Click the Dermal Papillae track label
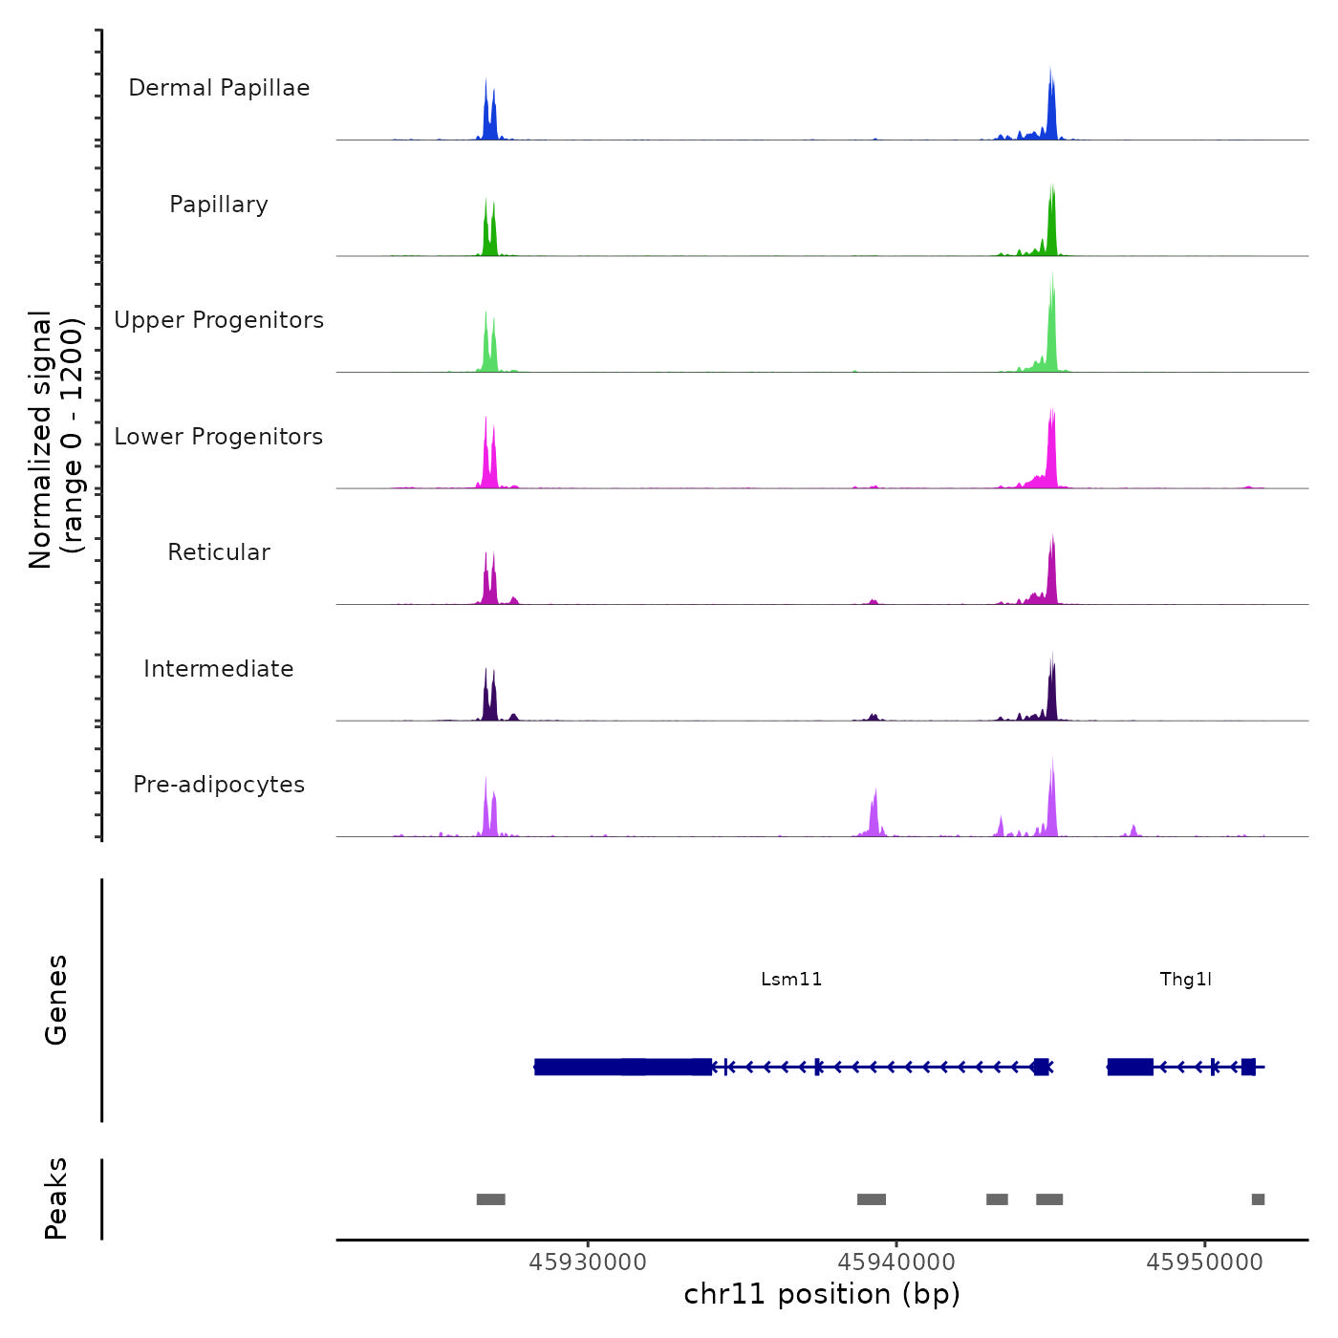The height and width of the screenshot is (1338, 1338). coord(219,88)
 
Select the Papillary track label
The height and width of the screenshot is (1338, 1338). coord(219,205)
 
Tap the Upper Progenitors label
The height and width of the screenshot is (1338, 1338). coord(219,320)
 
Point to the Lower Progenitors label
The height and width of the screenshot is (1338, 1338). coord(219,437)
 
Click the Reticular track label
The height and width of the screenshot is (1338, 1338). coord(219,552)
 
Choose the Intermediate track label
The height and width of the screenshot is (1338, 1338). coord(219,669)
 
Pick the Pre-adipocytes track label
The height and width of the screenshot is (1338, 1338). coord(219,785)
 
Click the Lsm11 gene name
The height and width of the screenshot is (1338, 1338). coord(791,979)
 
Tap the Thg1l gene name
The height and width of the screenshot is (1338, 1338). coord(1185,979)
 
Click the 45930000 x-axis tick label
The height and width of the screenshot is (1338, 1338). coord(588,1262)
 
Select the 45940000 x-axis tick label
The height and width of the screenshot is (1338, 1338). coord(896,1262)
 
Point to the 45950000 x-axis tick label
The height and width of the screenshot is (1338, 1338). coord(1204,1262)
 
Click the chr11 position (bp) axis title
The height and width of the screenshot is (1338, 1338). coord(822,1294)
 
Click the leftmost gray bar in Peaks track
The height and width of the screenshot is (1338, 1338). coord(490,1199)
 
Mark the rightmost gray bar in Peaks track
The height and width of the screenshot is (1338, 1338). coord(1258,1199)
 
